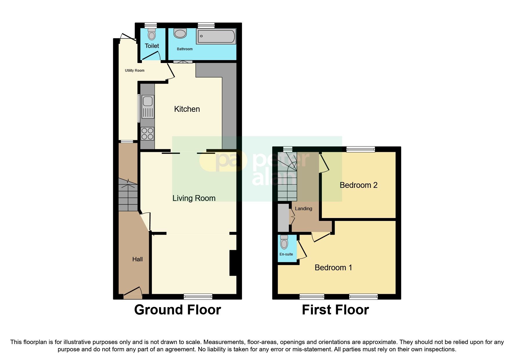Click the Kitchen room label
pyautogui.click(x=187, y=109)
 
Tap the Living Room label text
pyautogui.click(x=194, y=198)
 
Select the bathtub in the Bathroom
pyautogui.click(x=216, y=37)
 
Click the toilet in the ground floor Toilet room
pyautogui.click(x=152, y=34)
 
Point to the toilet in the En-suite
pyautogui.click(x=284, y=242)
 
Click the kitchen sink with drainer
pyautogui.click(x=148, y=107)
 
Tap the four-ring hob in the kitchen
pyautogui.click(x=147, y=134)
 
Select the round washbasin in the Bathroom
pyautogui.click(x=180, y=33)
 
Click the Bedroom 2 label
pyautogui.click(x=358, y=185)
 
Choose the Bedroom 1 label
pyautogui.click(x=333, y=268)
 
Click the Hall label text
pyautogui.click(x=137, y=259)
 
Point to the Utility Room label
pyautogui.click(x=134, y=71)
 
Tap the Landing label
pyautogui.click(x=303, y=208)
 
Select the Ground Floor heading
pyautogui.click(x=177, y=310)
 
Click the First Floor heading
pyautogui.click(x=335, y=310)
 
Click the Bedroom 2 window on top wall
pyautogui.click(x=360, y=150)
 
